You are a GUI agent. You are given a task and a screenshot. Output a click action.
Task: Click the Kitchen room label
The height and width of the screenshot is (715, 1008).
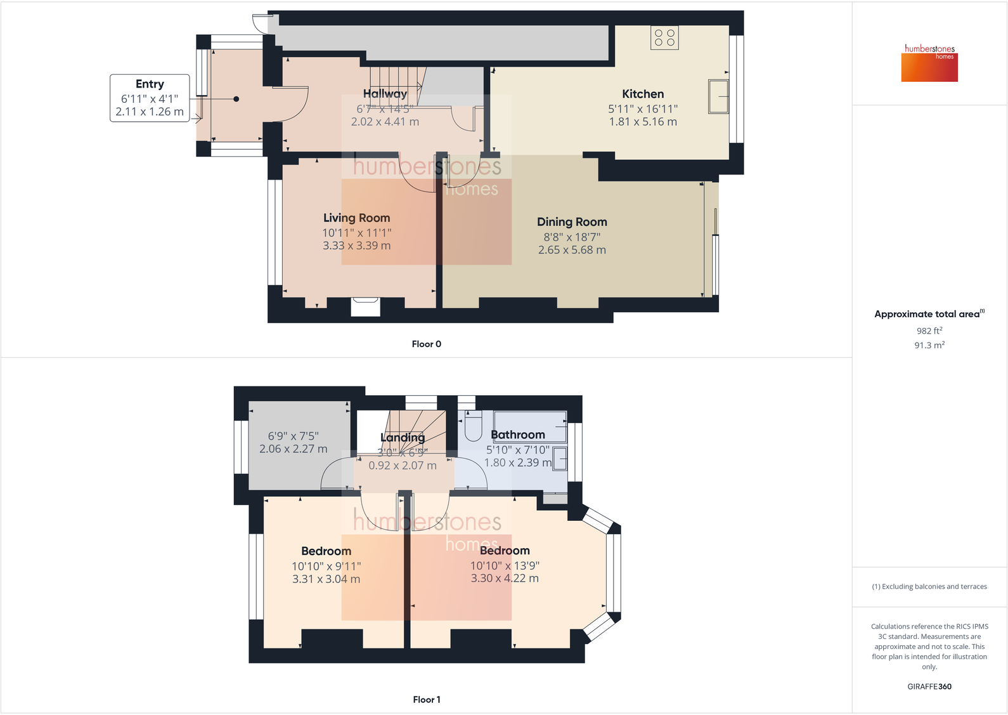(x=642, y=94)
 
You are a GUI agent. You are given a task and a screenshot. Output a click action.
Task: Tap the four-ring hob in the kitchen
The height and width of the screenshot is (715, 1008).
(x=664, y=38)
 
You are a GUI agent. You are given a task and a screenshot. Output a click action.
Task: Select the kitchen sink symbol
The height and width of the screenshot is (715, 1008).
(x=718, y=96)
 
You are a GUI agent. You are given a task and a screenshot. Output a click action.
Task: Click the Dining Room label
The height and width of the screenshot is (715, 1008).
(x=572, y=222)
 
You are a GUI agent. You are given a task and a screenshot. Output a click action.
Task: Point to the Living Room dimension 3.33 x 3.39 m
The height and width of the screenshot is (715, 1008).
(x=356, y=246)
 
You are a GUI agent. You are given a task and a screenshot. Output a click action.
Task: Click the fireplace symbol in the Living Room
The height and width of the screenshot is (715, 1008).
(x=365, y=307)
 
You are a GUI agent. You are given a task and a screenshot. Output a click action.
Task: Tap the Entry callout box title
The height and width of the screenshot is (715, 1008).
(x=150, y=84)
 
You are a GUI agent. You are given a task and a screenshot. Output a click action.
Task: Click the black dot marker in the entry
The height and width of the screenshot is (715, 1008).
(x=236, y=99)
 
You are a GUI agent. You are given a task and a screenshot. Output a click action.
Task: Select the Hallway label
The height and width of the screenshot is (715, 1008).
(x=385, y=94)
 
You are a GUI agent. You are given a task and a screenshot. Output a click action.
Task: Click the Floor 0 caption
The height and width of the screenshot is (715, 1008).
(x=426, y=344)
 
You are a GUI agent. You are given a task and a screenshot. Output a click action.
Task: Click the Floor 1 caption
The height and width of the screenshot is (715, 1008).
(x=426, y=699)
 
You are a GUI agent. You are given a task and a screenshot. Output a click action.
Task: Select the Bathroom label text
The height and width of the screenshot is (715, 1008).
(x=518, y=435)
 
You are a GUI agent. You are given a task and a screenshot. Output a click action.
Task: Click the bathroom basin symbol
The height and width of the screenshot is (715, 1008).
(x=560, y=458)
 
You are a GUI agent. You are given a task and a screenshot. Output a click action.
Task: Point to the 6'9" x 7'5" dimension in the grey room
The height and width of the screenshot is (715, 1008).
(x=293, y=436)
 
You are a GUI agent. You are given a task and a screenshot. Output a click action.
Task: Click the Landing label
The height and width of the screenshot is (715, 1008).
(x=403, y=438)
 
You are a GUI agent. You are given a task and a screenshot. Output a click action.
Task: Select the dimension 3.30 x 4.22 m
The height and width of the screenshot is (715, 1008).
(x=505, y=579)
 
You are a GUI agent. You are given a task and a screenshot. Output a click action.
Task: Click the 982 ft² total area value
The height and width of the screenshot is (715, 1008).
(x=929, y=331)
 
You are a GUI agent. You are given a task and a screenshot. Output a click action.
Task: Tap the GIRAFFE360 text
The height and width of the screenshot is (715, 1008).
(x=929, y=686)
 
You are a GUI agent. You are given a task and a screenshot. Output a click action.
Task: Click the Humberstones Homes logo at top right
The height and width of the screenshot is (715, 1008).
(x=929, y=63)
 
